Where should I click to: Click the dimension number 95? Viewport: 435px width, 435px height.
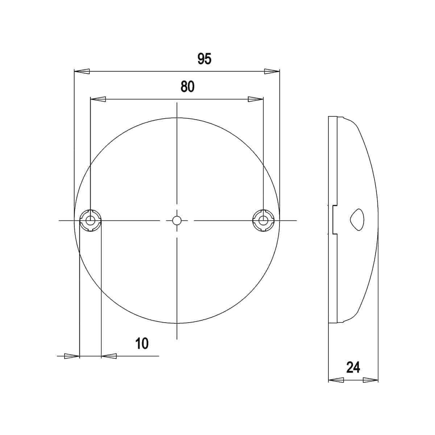point(204,59)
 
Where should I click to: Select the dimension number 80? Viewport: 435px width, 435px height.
point(187,87)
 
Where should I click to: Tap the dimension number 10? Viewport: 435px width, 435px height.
point(142,344)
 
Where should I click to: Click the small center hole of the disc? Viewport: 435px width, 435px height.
point(177,220)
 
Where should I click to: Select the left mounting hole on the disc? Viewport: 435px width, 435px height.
point(91,220)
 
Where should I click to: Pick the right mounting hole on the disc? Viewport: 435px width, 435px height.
point(263,220)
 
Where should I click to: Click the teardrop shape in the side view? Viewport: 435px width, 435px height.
point(357,219)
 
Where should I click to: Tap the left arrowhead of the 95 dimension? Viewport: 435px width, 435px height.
point(82,71)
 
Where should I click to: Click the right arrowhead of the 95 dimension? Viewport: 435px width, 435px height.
point(272,71)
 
